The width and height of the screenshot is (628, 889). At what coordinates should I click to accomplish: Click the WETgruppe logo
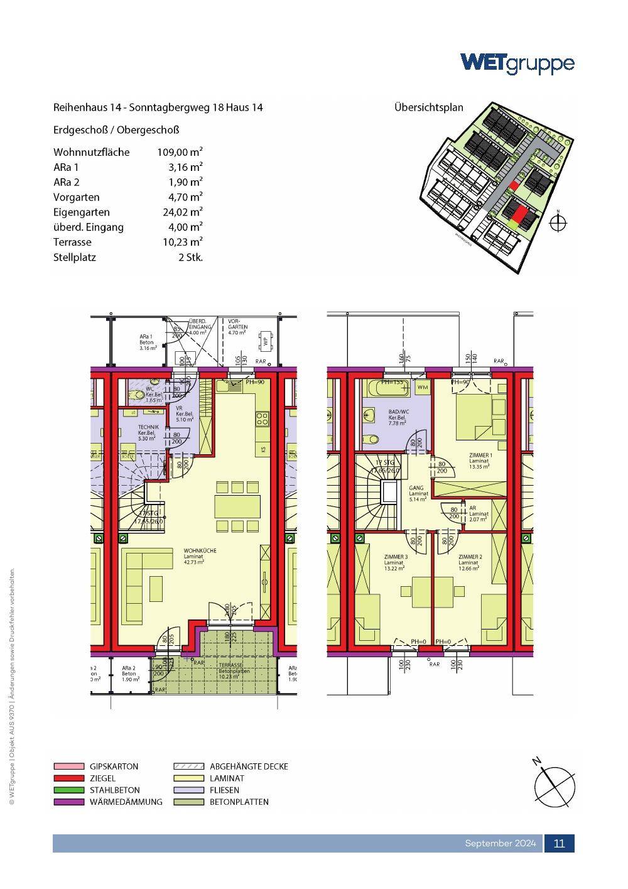pos(517,63)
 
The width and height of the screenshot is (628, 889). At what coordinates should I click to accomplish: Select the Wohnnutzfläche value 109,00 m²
pos(180,152)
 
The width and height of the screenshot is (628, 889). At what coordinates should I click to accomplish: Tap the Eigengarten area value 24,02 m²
pos(182,212)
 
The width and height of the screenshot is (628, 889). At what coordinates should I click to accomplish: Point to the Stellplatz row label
pos(75,257)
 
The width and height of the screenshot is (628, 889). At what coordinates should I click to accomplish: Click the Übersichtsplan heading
pos(428,107)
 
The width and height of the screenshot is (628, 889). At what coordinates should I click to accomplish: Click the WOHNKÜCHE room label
pos(200,551)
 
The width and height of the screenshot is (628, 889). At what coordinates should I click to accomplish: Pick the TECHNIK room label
pos(149,427)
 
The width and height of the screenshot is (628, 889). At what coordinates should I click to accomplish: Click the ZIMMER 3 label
pos(396,557)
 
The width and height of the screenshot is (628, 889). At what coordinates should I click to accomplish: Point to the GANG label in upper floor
pos(416,488)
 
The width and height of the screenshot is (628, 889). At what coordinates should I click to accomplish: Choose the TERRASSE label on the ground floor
pos(230,665)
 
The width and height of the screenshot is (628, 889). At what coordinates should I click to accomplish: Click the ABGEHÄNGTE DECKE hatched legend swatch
pos(188,766)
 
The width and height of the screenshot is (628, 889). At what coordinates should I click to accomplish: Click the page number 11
pos(559,843)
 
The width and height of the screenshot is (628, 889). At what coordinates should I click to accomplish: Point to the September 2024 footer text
pos(500,843)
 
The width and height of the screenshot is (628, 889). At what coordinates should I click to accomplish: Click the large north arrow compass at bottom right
pos(554,782)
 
